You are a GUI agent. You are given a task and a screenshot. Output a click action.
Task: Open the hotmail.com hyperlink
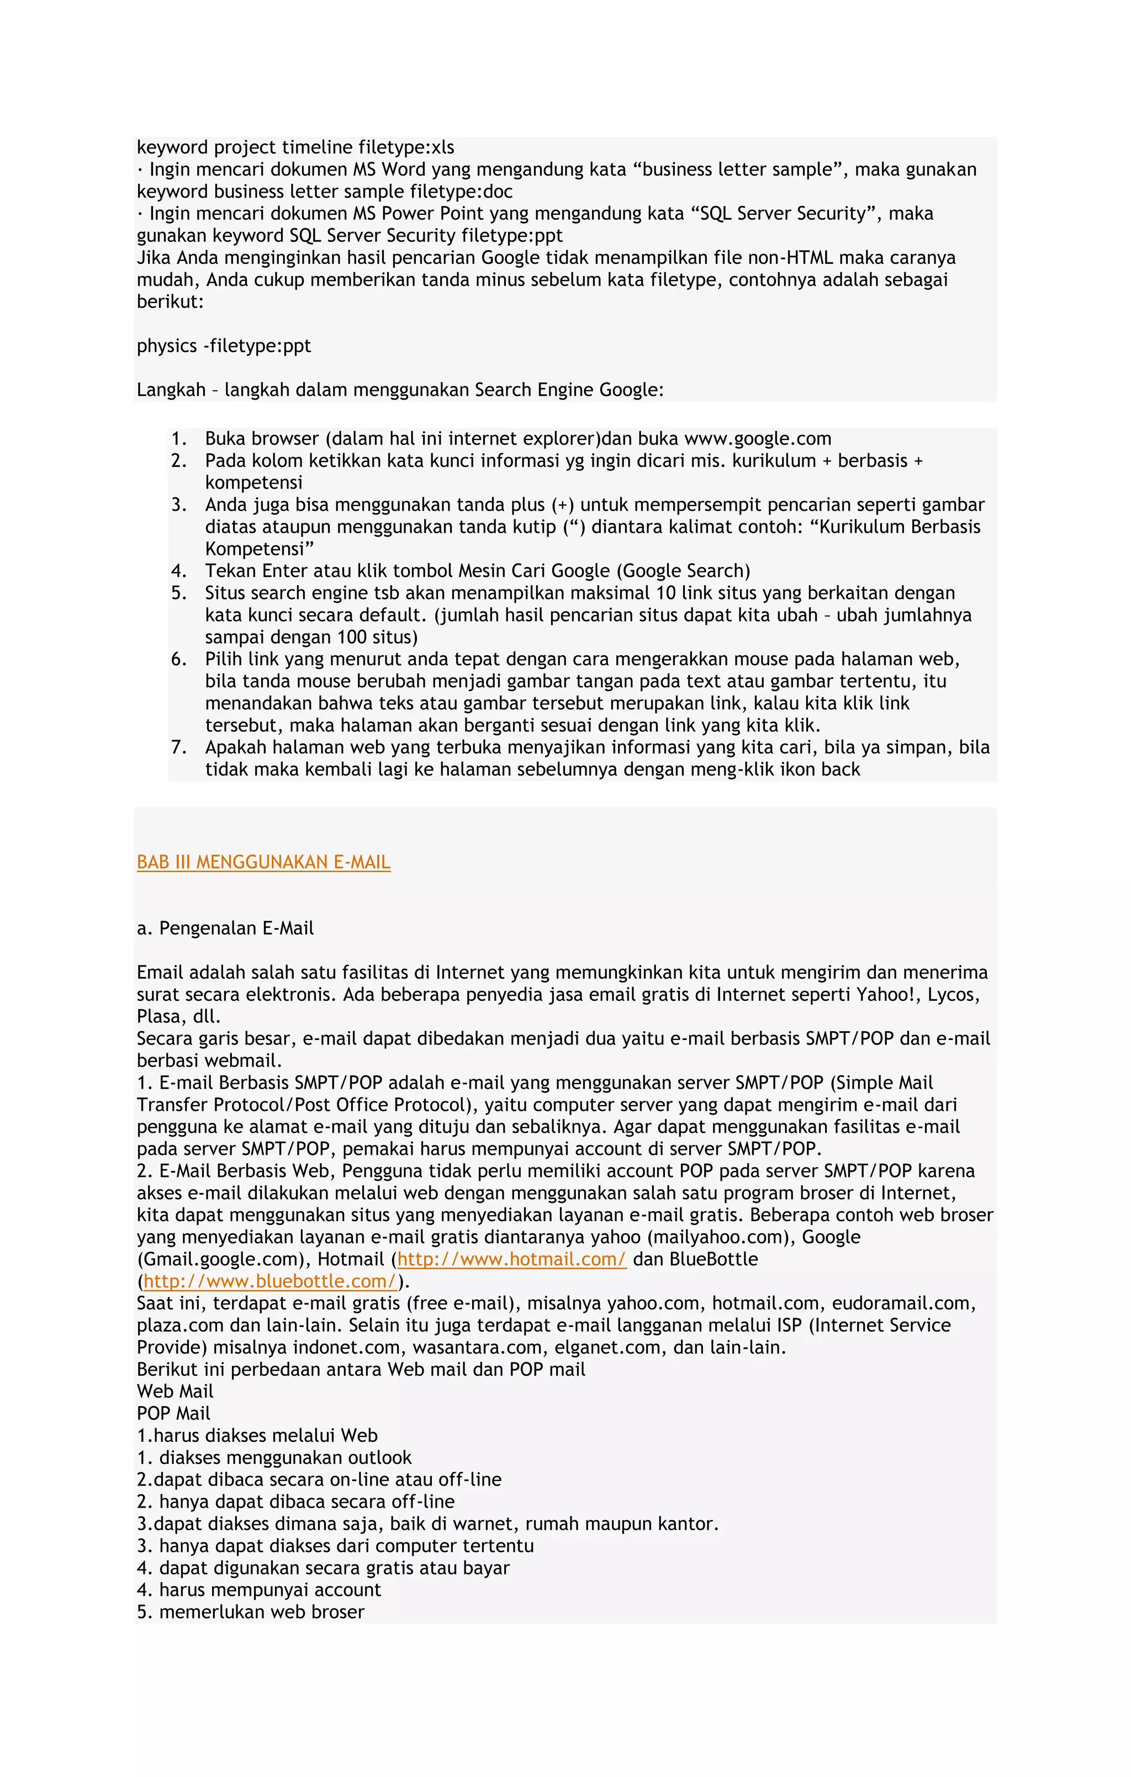511,1259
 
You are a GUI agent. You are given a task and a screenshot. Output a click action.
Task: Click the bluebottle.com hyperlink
269,1281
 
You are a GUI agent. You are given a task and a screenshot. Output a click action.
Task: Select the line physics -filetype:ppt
224,346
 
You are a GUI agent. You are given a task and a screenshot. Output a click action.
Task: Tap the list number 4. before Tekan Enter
179,571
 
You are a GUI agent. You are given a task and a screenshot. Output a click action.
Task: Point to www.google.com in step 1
758,439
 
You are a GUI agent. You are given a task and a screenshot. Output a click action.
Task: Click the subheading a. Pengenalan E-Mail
225,929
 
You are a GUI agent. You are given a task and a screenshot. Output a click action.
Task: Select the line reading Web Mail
175,1392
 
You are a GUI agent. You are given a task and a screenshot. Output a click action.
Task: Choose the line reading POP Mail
173,1414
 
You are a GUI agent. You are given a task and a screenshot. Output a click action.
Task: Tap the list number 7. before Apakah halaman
179,747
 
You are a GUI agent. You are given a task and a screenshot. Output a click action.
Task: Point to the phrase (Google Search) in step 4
683,571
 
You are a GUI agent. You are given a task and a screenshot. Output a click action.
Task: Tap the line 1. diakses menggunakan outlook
274,1458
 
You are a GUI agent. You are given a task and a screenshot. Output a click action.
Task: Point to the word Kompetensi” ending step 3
259,549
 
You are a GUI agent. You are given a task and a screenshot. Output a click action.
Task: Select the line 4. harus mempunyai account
259,1590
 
